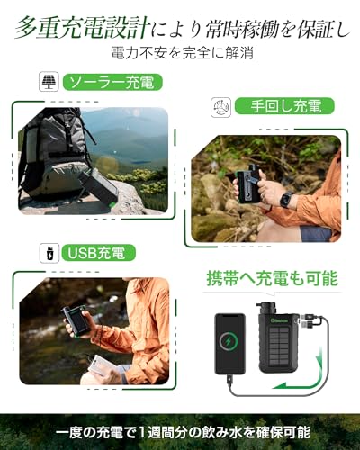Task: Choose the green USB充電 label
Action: [x=99, y=251]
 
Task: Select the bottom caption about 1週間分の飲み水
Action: [x=180, y=431]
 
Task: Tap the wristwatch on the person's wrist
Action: [x=285, y=199]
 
